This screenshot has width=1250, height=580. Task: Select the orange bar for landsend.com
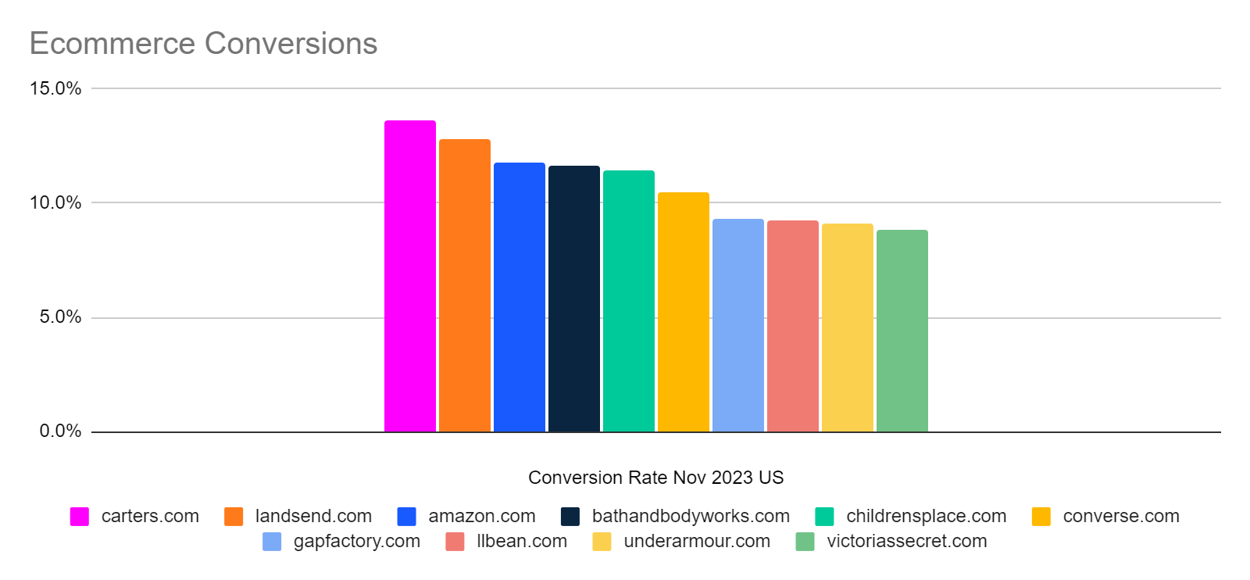pyautogui.click(x=464, y=285)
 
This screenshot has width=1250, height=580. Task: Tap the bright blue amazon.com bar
pyautogui.click(x=519, y=297)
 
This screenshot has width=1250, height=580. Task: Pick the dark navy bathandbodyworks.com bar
pyautogui.click(x=573, y=299)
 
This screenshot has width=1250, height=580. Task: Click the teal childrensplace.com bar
pyautogui.click(x=628, y=301)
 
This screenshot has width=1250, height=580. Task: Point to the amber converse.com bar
pyautogui.click(x=683, y=312)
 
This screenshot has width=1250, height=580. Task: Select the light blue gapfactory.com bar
pyautogui.click(x=737, y=325)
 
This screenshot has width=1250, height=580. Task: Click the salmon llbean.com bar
pyautogui.click(x=792, y=326)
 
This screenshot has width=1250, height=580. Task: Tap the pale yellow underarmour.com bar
pyautogui.click(x=847, y=328)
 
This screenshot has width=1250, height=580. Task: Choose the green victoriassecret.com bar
pyautogui.click(x=902, y=331)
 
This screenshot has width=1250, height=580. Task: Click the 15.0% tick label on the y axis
pyautogui.click(x=55, y=88)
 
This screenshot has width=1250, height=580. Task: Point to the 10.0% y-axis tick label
pyautogui.click(x=55, y=203)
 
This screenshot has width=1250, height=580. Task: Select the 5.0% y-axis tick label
pyautogui.click(x=60, y=317)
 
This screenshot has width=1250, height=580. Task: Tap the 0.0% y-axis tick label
pyautogui.click(x=60, y=431)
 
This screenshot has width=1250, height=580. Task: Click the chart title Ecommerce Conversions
pyautogui.click(x=203, y=44)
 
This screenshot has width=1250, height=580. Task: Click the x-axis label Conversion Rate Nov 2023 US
pyautogui.click(x=655, y=478)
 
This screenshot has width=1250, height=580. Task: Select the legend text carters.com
pyautogui.click(x=150, y=516)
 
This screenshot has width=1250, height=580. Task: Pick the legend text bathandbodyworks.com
pyautogui.click(x=691, y=516)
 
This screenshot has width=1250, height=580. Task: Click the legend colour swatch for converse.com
pyautogui.click(x=1041, y=517)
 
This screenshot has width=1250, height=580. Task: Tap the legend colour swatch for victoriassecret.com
pyautogui.click(x=805, y=542)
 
